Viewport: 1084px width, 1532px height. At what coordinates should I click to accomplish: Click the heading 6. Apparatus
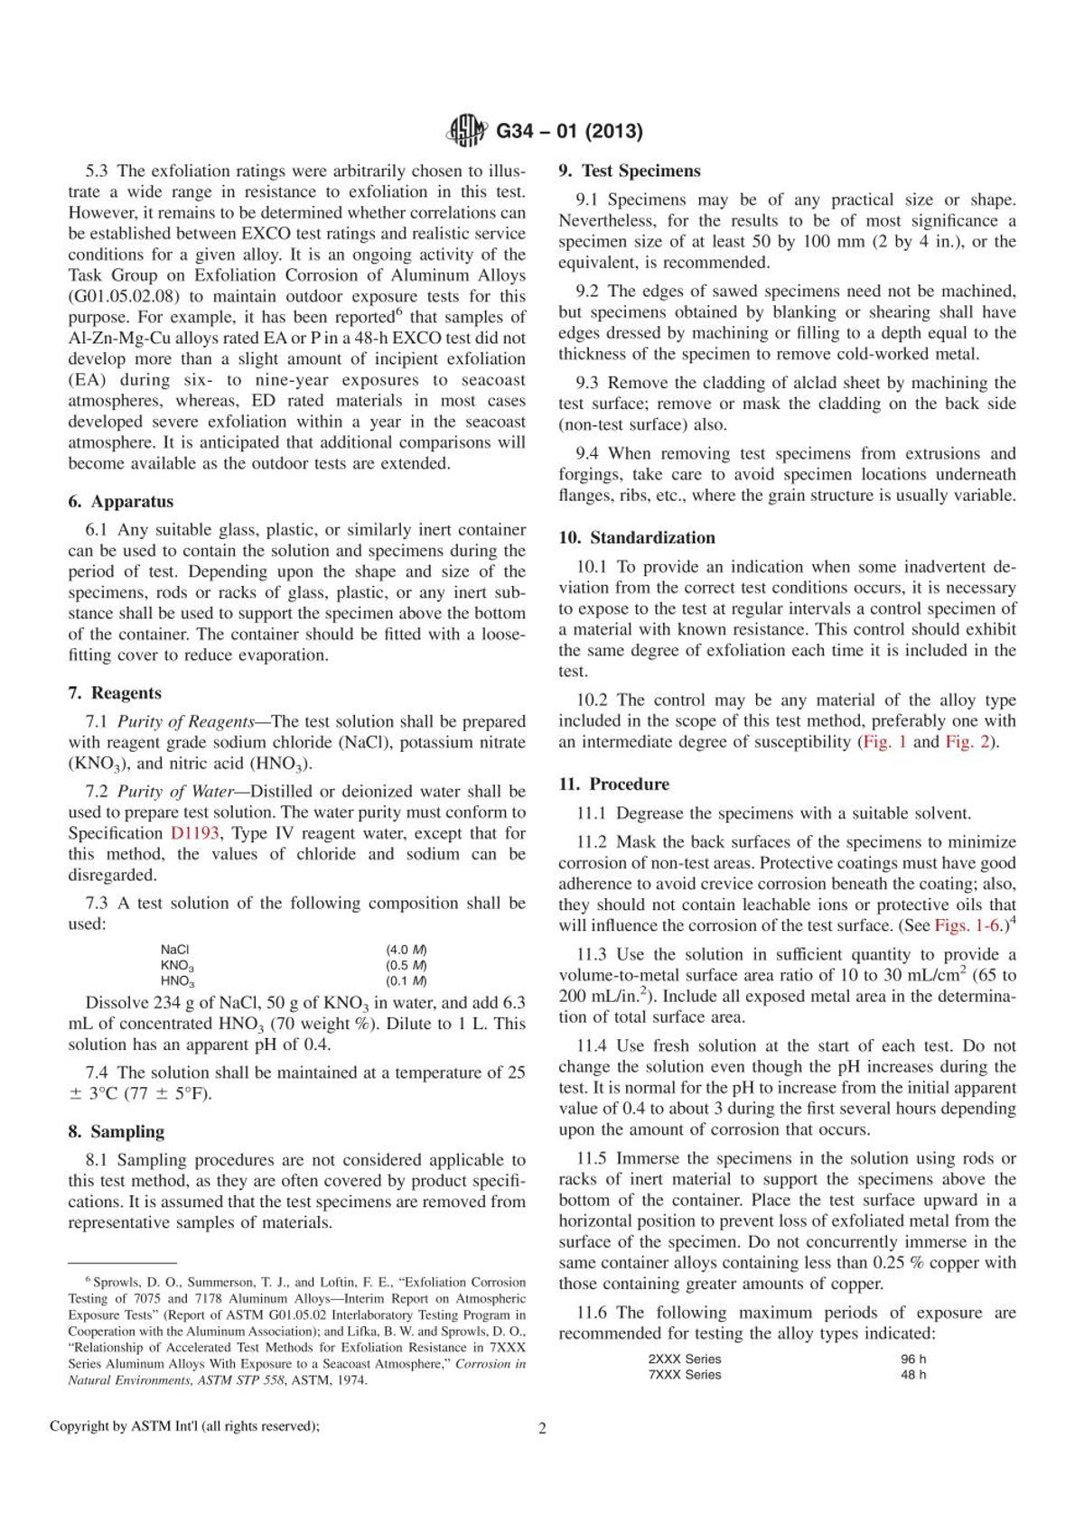coord(120,502)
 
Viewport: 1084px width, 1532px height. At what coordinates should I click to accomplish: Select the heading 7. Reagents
coord(115,693)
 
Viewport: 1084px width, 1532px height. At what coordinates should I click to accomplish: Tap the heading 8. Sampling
coord(117,1132)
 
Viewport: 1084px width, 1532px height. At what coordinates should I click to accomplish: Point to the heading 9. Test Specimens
coord(629,171)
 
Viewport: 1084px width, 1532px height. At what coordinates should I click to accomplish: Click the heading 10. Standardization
coord(636,538)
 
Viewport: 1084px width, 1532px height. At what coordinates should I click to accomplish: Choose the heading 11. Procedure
coord(613,785)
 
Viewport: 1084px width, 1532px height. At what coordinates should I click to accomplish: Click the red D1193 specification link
coord(194,833)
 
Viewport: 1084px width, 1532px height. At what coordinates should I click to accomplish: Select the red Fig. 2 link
coord(967,742)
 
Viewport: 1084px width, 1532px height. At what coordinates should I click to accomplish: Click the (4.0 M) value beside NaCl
coord(406,950)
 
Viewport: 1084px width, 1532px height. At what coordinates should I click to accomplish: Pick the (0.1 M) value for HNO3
coord(406,981)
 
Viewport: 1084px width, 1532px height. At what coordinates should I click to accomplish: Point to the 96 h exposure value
coord(913,1359)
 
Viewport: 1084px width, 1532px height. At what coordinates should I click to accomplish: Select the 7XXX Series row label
coord(685,1375)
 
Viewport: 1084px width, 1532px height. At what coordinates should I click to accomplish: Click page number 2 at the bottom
coord(542,1429)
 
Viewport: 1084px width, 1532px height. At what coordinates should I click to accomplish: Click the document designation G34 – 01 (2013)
coord(569,132)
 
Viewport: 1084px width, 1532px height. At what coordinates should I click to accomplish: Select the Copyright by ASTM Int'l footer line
coord(184,1426)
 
